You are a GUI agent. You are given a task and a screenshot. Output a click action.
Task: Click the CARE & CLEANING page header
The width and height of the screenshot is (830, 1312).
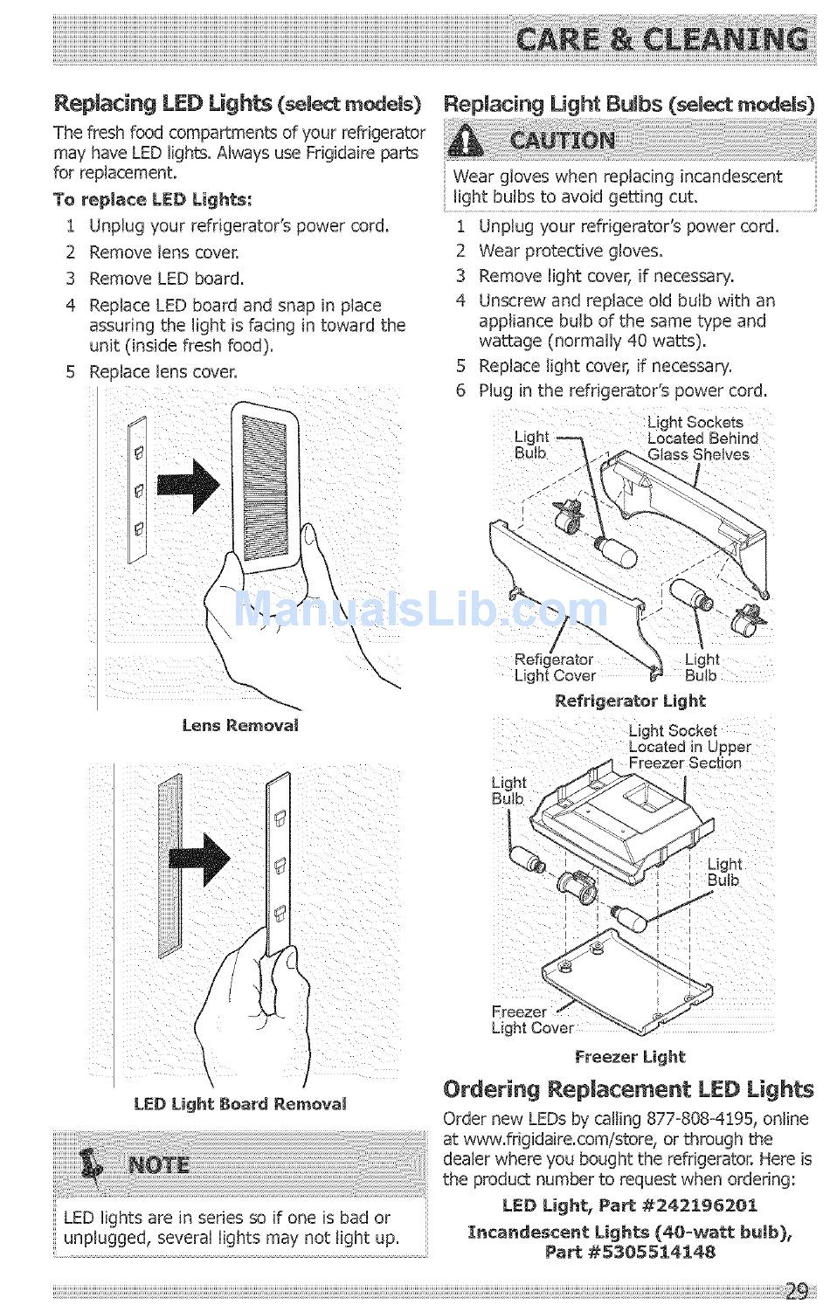[x=661, y=40]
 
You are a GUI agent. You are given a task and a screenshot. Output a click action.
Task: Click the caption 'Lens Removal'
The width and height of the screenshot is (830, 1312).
[x=240, y=725]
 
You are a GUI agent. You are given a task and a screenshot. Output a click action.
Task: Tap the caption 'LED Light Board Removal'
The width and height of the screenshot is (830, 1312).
[x=240, y=1103]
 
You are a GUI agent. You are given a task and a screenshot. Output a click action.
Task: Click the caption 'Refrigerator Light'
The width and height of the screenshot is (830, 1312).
[x=630, y=701]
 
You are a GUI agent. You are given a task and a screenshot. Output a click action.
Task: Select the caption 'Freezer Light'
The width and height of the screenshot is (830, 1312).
[x=630, y=1056]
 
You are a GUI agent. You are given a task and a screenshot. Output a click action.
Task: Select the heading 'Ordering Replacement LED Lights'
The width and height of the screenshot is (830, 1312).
[x=628, y=1089]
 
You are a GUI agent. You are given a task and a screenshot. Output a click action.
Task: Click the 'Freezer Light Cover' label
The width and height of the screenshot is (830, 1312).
[x=531, y=1019]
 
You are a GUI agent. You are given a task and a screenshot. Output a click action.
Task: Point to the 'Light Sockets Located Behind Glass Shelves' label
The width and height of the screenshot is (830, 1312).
[x=702, y=438]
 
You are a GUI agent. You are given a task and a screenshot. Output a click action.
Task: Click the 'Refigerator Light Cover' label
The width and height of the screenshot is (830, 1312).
[x=554, y=667]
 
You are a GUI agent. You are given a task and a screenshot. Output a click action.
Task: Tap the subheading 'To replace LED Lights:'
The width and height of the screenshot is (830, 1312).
[x=153, y=199]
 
